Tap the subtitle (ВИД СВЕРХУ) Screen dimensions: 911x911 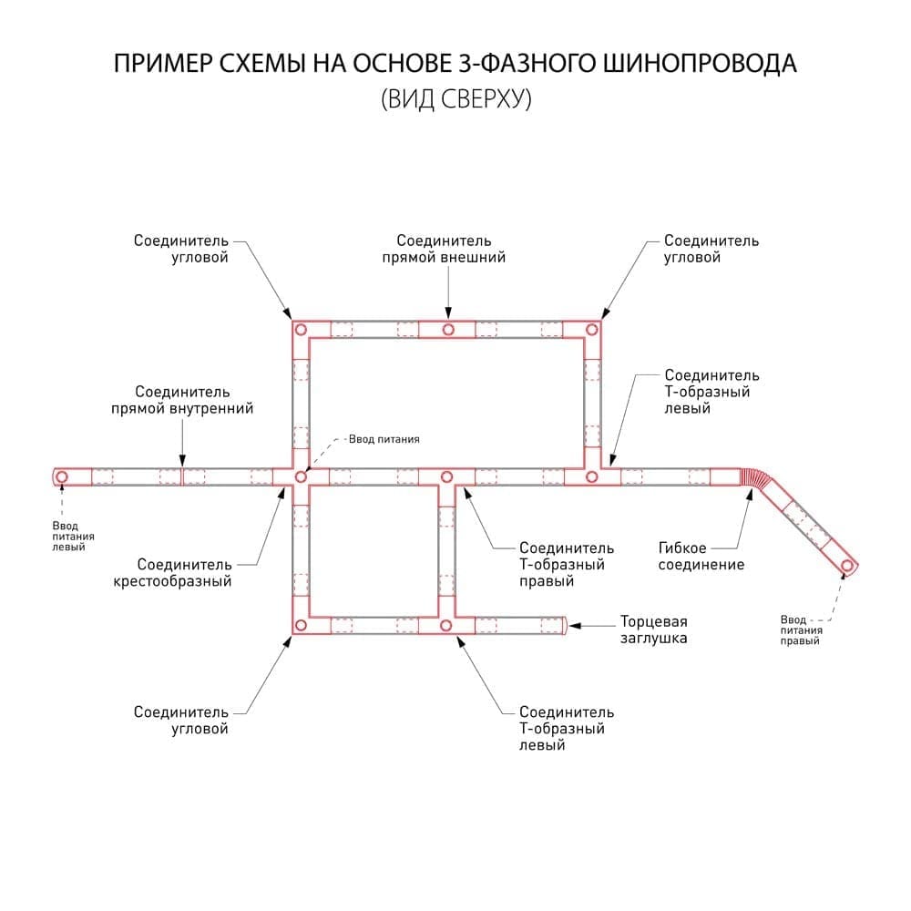(456, 98)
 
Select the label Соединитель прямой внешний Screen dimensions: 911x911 (444, 249)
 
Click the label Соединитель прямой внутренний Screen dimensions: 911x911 (182, 400)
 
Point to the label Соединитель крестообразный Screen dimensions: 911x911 (172, 572)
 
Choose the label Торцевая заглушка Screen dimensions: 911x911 (653, 630)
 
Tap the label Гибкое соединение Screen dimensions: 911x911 (701, 556)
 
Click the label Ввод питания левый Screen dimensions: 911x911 (73, 537)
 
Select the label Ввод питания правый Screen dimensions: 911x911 (801, 630)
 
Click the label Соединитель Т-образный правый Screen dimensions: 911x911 (567, 564)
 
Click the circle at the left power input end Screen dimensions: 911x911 (61, 477)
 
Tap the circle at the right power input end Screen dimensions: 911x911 (847, 566)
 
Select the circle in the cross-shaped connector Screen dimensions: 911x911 (301, 477)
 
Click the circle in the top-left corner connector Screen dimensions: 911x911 (301, 330)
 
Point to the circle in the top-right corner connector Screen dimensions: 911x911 (591, 330)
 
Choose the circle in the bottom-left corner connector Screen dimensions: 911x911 (301, 625)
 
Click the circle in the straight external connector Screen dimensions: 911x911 (448, 330)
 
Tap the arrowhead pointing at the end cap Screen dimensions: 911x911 (575, 626)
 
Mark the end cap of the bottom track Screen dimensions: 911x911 (565, 626)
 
